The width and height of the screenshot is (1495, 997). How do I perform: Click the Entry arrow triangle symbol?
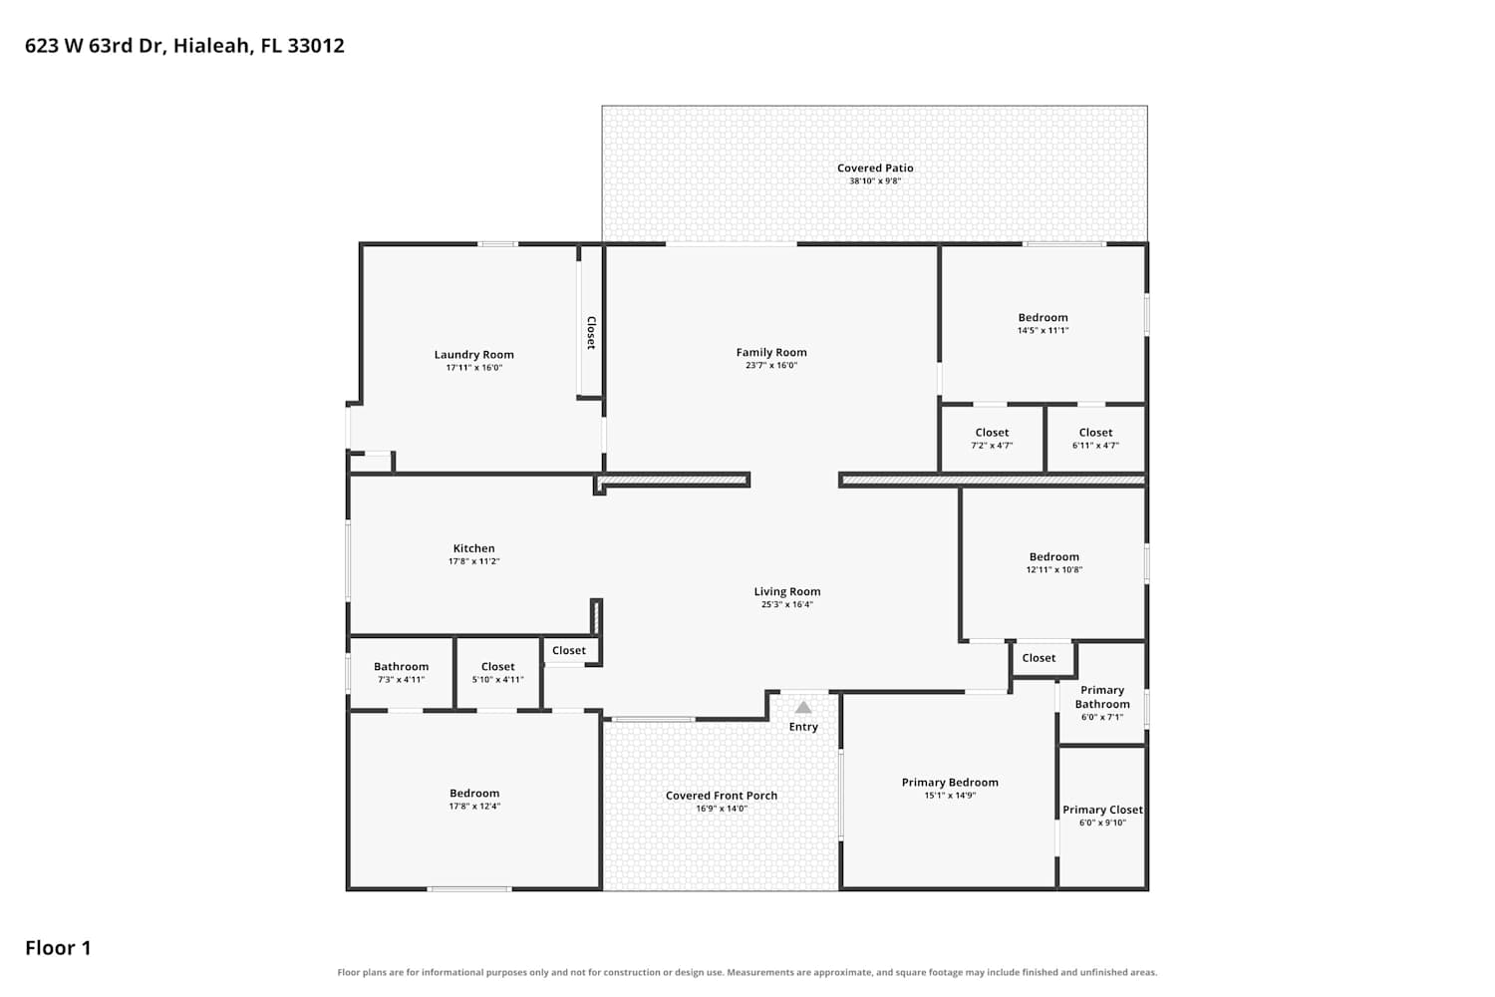803,707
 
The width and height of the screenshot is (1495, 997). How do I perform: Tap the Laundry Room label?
473,355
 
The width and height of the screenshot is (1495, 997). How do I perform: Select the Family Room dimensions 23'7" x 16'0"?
771,365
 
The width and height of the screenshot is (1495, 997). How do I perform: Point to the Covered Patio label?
875,168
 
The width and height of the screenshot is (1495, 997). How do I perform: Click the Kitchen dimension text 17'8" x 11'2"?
473,561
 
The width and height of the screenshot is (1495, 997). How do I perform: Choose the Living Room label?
787,591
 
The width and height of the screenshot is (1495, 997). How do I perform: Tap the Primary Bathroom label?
1102,697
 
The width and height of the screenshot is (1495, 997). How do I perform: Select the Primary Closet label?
1102,810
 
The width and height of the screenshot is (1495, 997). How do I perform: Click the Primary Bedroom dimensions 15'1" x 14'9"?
951,796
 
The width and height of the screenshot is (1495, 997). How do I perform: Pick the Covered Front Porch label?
722,796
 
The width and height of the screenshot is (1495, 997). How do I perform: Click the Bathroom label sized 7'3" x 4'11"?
401,666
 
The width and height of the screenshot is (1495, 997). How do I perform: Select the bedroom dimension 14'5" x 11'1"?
1044,331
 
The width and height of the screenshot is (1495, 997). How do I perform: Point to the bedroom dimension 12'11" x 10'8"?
1054,569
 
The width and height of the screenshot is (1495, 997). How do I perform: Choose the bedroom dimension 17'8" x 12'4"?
474,806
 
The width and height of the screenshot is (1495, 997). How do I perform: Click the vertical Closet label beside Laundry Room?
591,333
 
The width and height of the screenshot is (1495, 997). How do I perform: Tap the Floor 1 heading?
58,948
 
